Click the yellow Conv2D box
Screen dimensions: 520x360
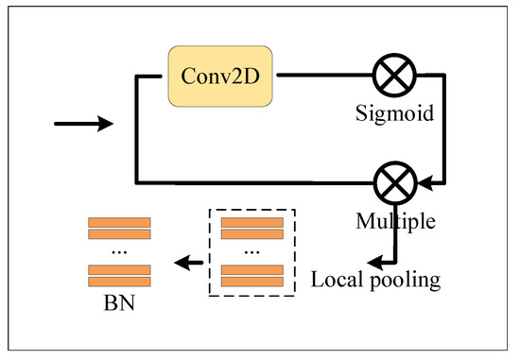(x=220, y=77)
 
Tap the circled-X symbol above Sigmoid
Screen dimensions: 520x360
(x=394, y=76)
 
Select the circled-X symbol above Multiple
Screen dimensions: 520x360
(x=395, y=183)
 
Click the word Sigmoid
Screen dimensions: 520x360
(x=394, y=113)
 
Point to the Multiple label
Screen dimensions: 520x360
(x=395, y=221)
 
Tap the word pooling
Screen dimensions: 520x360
(x=406, y=282)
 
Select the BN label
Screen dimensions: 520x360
(x=119, y=303)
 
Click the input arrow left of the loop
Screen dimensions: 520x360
(x=83, y=124)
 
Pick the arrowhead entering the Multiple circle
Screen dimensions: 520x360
(x=425, y=183)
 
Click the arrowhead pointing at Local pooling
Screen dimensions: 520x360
(x=375, y=263)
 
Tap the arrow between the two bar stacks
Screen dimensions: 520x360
(x=189, y=263)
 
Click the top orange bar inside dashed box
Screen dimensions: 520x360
(x=252, y=222)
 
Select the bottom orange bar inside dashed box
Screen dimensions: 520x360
(x=252, y=282)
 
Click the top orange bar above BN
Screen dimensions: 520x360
(x=119, y=222)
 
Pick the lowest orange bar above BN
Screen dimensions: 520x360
(x=119, y=282)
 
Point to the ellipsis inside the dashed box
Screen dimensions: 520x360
(x=252, y=253)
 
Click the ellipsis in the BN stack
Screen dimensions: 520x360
(x=119, y=253)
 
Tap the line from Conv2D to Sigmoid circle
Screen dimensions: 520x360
(x=325, y=76)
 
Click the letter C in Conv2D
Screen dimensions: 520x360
(x=188, y=76)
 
